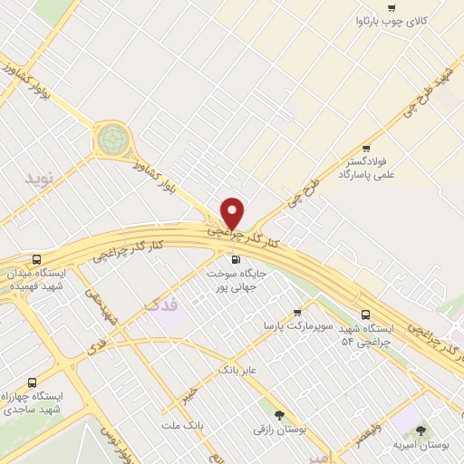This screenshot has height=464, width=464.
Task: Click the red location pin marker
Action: [x=233, y=213]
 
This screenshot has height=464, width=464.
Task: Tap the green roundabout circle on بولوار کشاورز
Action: [x=113, y=140]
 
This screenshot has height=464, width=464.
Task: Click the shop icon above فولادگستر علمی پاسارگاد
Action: [x=366, y=148]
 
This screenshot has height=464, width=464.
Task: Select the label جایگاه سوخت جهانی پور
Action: [x=237, y=279]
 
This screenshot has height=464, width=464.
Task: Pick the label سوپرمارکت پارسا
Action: [x=299, y=324]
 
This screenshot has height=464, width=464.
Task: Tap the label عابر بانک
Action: [x=238, y=370]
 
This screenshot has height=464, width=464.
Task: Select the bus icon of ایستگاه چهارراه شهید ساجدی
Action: [x=33, y=382]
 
